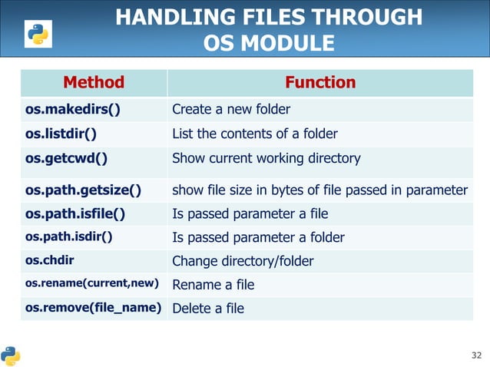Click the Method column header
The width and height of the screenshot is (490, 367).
pyautogui.click(x=93, y=83)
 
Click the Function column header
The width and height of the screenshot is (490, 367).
pyautogui.click(x=320, y=83)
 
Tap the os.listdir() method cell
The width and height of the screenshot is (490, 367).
pyautogui.click(x=61, y=134)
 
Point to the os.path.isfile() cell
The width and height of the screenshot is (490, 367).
pyautogui.click(x=75, y=213)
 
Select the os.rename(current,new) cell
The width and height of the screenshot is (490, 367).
pyautogui.click(x=92, y=285)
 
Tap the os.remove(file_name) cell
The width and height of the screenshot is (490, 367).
pyautogui.click(x=93, y=309)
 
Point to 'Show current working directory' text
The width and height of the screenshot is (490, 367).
pyautogui.click(x=266, y=159)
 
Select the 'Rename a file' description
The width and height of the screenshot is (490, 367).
pyautogui.click(x=213, y=285)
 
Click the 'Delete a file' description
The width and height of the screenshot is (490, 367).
pyautogui.click(x=208, y=309)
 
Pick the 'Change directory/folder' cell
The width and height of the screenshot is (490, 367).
pyautogui.click(x=243, y=261)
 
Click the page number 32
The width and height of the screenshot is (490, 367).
pyautogui.click(x=475, y=355)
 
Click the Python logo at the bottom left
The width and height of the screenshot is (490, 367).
pyautogui.click(x=11, y=355)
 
